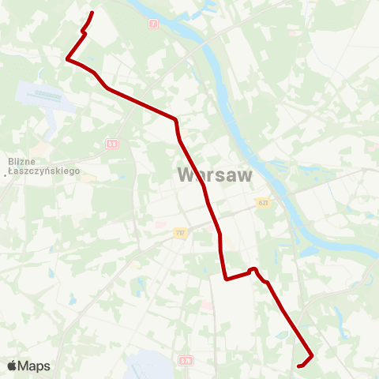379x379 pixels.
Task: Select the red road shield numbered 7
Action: click(153, 24)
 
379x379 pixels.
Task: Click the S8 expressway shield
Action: click(112, 143)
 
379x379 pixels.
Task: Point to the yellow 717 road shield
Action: click(180, 232)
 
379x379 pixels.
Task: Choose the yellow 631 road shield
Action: click(262, 203)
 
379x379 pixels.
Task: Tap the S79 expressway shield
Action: click(186, 360)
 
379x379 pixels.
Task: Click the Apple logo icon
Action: click(12, 366)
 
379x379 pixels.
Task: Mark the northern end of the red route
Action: click(93, 13)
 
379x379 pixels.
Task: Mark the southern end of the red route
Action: click(298, 366)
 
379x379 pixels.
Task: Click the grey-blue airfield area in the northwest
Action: click(46, 96)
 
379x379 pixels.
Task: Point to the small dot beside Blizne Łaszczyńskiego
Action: click(5, 174)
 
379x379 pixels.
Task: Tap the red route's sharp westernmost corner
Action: click(67, 58)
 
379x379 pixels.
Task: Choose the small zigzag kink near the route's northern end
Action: click(83, 31)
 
